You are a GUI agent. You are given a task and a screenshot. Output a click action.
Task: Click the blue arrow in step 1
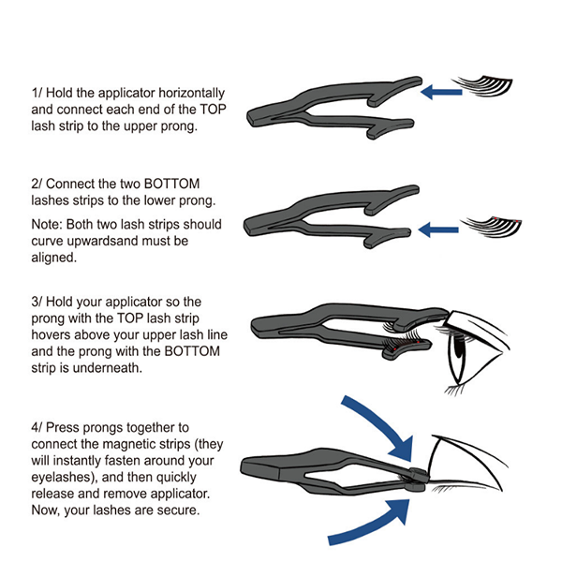tap(441, 92)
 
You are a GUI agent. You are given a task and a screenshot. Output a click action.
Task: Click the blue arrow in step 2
tap(438, 229)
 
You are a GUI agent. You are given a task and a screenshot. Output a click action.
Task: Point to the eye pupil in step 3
tap(458, 346)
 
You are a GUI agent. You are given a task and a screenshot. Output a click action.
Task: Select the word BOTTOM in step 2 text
tap(171, 184)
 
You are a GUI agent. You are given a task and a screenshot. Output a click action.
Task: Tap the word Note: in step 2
tap(47, 224)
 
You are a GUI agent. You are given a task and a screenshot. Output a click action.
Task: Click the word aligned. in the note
tap(53, 258)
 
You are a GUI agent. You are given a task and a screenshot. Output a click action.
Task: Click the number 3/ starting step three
tap(37, 302)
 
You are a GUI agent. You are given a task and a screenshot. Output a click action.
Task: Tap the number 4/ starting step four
tap(37, 428)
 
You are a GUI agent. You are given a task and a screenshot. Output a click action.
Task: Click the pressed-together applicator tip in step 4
tap(417, 480)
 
